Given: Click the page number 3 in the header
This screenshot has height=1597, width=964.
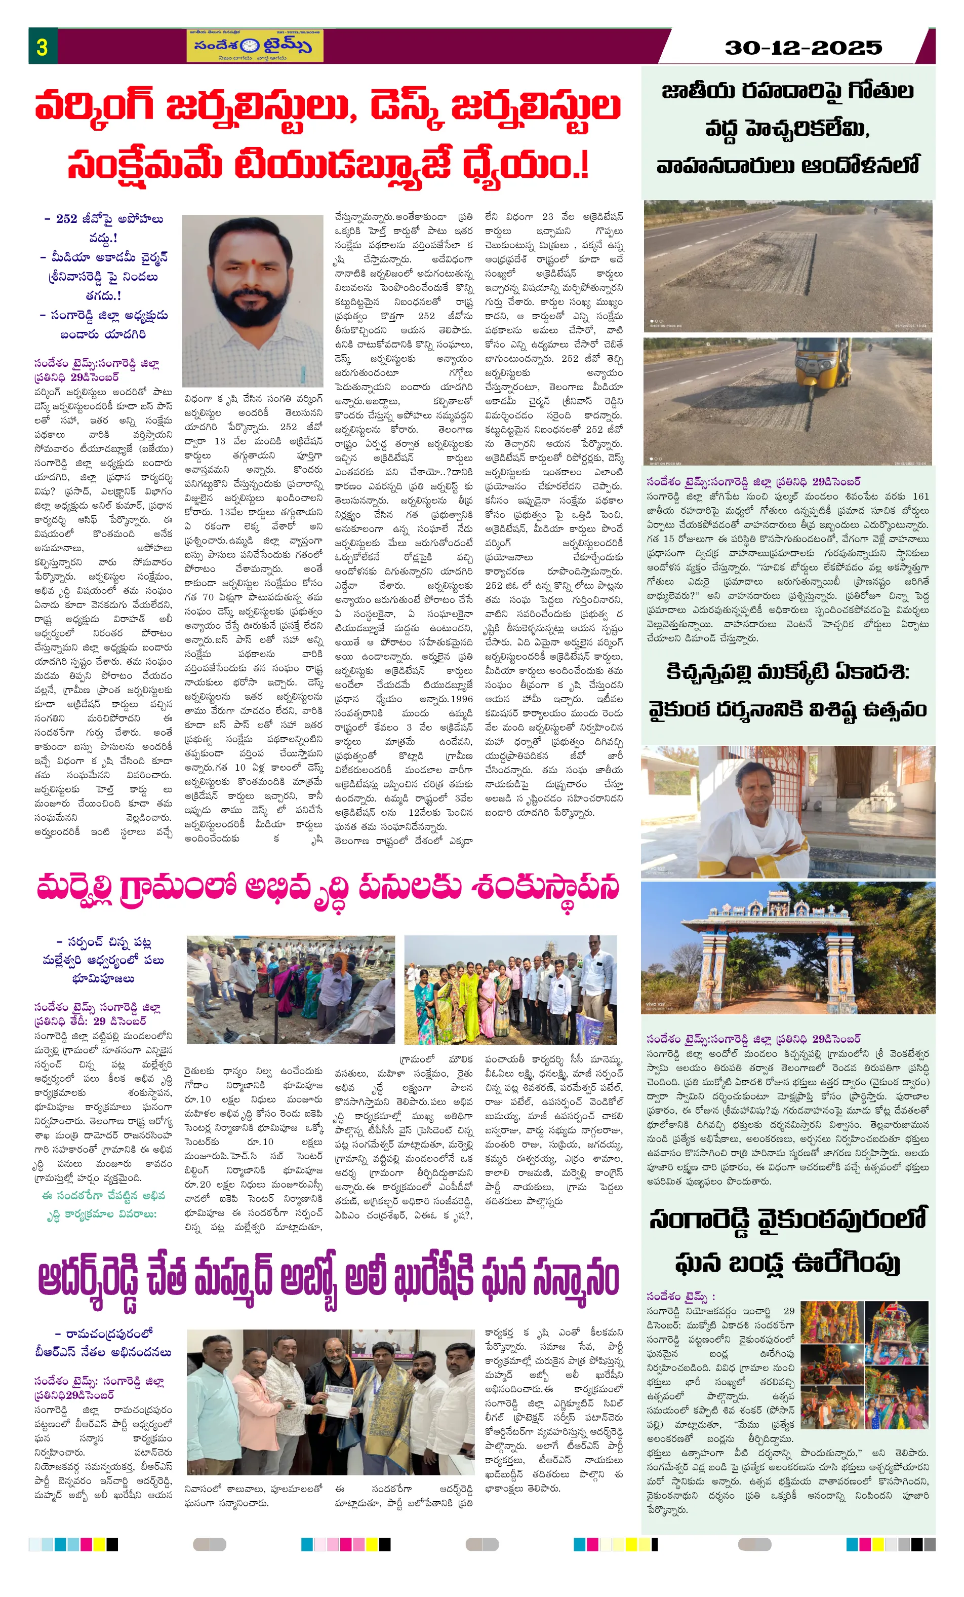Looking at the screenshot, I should (x=42, y=47).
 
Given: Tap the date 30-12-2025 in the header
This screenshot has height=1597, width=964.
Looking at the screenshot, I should (x=804, y=47).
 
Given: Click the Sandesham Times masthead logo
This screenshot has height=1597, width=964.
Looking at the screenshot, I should (x=254, y=46).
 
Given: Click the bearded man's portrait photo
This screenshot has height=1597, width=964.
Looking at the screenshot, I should (x=252, y=301).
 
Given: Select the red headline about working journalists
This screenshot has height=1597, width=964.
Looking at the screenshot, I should (x=328, y=135).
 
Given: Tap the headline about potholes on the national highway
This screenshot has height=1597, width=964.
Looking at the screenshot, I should (x=787, y=128).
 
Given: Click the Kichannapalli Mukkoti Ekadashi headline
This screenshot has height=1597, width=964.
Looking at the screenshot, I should (x=787, y=692).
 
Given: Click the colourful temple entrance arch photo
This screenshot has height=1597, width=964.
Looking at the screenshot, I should (x=788, y=947).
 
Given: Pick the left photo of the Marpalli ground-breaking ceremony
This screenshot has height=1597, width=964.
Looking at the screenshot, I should (x=290, y=989).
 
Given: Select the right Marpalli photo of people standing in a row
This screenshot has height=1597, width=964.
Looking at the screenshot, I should (x=510, y=989).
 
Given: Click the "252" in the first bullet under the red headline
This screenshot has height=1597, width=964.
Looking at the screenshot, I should (x=67, y=219).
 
